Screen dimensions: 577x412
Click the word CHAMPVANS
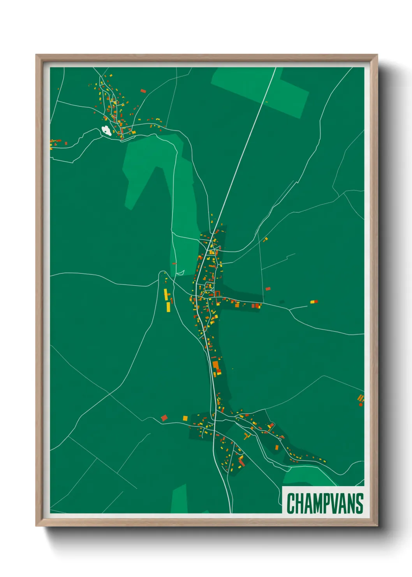click(325, 503)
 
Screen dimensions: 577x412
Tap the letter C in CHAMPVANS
click(291, 503)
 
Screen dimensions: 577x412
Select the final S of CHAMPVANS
click(359, 503)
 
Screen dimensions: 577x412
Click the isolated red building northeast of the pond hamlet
click(143, 91)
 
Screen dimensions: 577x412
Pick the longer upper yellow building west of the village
click(166, 294)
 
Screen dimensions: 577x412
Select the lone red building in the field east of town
click(268, 289)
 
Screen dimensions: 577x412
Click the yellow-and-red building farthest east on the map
click(314, 301)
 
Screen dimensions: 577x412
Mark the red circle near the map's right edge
click(361, 405)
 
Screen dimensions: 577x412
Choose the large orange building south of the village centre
click(215, 366)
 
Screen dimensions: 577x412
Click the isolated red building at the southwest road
click(164, 418)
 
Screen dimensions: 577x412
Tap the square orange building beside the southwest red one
click(185, 418)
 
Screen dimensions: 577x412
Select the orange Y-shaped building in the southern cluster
click(246, 436)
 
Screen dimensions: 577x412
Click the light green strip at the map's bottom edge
click(180, 499)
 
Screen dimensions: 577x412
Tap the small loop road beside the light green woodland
click(180, 273)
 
